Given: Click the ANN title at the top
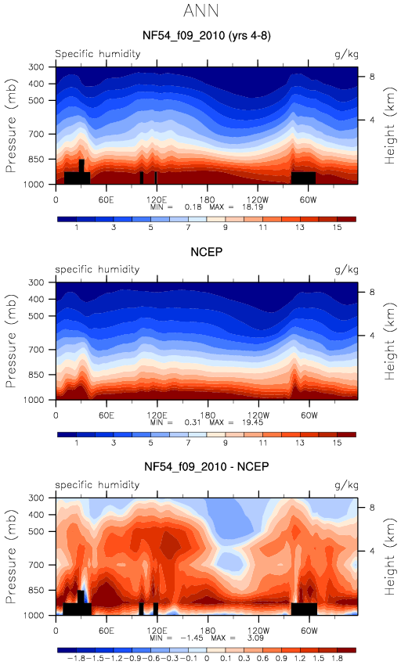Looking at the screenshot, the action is pyautogui.click(x=201, y=11).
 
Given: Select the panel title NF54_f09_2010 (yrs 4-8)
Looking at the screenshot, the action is pyautogui.click(x=207, y=35).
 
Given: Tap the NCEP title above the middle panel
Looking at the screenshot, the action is pyautogui.click(x=207, y=252).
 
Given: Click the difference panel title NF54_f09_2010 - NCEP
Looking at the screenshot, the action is pyautogui.click(x=207, y=467).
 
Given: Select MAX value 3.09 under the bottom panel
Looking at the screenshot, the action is pyautogui.click(x=255, y=638).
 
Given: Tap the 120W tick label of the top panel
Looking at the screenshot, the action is pyautogui.click(x=258, y=199).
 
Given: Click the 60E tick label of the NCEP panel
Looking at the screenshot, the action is pyautogui.click(x=106, y=415).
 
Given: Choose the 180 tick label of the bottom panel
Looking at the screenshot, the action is pyautogui.click(x=207, y=631).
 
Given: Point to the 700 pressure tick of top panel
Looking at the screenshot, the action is pyautogui.click(x=37, y=134).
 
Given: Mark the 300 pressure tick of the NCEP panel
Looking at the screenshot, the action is pyautogui.click(x=37, y=282).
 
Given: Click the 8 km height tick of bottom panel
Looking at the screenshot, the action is pyautogui.click(x=372, y=508).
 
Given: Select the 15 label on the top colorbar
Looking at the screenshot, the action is pyautogui.click(x=337, y=228).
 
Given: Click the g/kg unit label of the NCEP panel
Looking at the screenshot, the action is pyautogui.click(x=346, y=270).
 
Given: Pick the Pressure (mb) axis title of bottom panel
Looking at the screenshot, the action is pyautogui.click(x=12, y=557).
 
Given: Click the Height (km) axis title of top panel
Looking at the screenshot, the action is pyautogui.click(x=389, y=125).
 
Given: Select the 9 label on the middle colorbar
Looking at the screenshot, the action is pyautogui.click(x=225, y=443).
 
